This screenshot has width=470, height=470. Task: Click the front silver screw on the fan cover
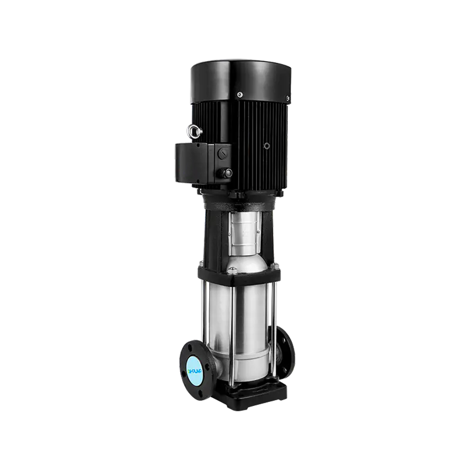point(240,94)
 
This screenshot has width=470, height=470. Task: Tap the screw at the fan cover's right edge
point(288,98)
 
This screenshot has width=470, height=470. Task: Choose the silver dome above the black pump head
point(243,258)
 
